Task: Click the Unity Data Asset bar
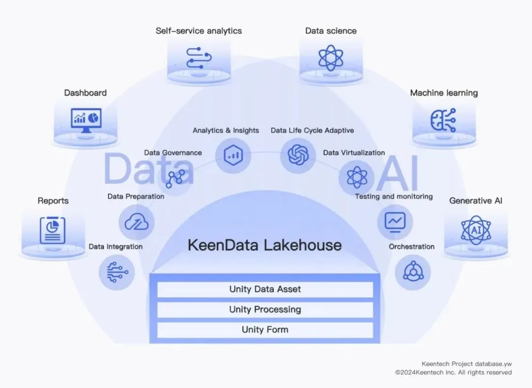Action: pos(265,290)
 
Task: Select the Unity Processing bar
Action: pos(265,310)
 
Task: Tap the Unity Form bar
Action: pos(265,330)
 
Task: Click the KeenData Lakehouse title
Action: pos(265,245)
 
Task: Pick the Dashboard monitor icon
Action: pos(86,119)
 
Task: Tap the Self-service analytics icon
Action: pos(199,58)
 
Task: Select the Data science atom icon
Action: pos(331,58)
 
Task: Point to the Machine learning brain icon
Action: pos(443,120)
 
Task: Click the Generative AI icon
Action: pos(476,229)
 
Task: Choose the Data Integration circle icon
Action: pos(117,272)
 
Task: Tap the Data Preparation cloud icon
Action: pos(136,222)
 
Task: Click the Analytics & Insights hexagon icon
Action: pos(233,155)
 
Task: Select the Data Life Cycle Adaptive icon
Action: pos(298,155)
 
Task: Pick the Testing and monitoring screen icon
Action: pos(395,221)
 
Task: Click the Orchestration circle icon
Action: pos(412,272)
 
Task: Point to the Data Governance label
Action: pos(173,153)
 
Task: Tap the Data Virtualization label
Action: pos(354,153)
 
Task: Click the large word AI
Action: pos(397,173)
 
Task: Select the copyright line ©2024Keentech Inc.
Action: pos(453,373)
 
